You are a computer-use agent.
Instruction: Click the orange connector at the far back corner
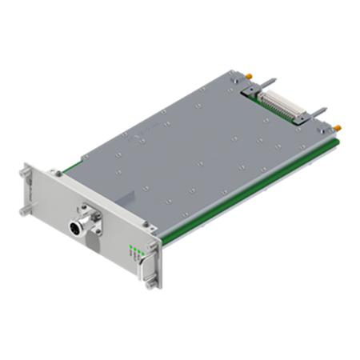(x=250, y=74)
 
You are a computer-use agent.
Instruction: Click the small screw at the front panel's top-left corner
(x=57, y=174)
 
